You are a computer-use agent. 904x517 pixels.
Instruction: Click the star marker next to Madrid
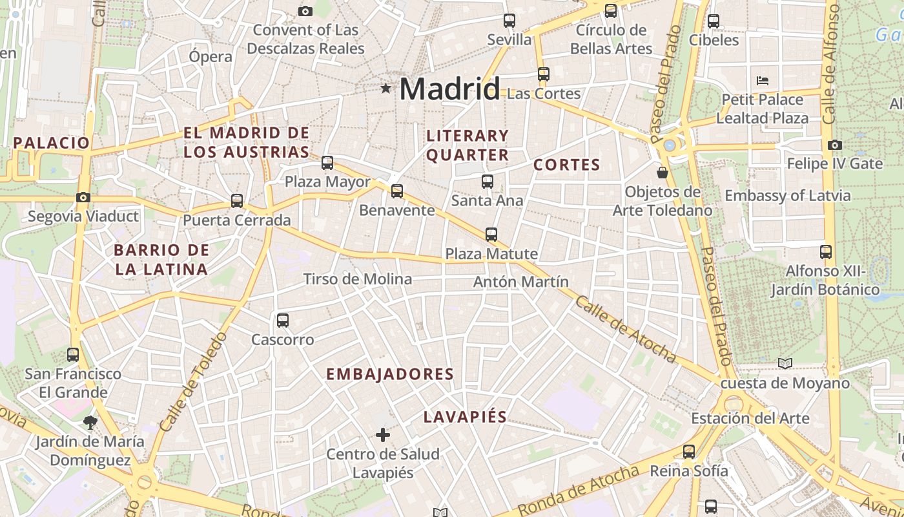[385, 88]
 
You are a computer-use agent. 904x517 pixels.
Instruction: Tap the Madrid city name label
[449, 89]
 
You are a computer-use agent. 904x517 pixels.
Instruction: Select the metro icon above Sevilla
[509, 21]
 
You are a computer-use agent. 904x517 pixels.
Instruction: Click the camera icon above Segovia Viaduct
[83, 198]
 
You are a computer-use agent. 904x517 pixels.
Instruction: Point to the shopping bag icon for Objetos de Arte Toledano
[662, 173]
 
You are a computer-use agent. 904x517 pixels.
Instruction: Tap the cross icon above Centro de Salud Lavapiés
[383, 435]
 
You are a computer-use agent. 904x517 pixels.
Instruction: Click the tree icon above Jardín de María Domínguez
[90, 423]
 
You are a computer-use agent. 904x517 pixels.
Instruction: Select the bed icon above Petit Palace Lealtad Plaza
[762, 81]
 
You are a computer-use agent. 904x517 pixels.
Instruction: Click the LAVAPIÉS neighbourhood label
[465, 417]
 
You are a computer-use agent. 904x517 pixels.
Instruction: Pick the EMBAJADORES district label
[390, 374]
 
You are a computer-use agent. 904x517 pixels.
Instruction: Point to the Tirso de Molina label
[358, 279]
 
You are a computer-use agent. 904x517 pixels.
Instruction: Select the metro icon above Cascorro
[282, 321]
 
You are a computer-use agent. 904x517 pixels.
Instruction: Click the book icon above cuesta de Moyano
[785, 364]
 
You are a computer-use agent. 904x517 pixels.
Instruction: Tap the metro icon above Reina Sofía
[689, 452]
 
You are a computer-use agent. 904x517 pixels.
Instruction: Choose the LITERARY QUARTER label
[467, 145]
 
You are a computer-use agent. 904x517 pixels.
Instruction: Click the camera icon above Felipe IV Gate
[834, 145]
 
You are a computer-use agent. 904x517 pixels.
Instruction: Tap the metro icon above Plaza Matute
[491, 235]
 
